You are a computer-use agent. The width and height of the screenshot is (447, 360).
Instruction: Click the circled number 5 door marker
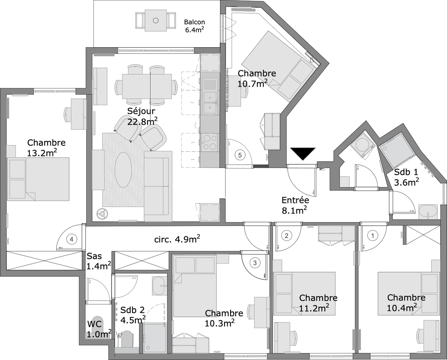[x=240, y=155]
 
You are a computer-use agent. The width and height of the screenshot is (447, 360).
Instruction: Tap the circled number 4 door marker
[x=71, y=239]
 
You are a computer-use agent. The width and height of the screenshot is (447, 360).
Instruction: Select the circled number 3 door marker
[x=255, y=263]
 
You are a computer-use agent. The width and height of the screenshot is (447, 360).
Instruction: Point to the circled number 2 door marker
[x=286, y=236]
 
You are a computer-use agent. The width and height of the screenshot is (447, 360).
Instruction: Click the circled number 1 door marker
[x=373, y=236]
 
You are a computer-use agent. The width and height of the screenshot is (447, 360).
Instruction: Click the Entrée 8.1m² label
[x=295, y=205]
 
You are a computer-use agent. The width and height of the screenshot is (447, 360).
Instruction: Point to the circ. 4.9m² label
[x=177, y=239]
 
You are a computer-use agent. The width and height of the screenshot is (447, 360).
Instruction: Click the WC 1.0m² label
[x=99, y=329]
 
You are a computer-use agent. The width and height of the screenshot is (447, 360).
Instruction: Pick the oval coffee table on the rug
[x=123, y=170]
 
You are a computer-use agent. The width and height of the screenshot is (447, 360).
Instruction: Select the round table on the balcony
[x=156, y=20]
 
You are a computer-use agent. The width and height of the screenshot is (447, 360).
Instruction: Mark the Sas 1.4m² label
[x=98, y=261]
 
